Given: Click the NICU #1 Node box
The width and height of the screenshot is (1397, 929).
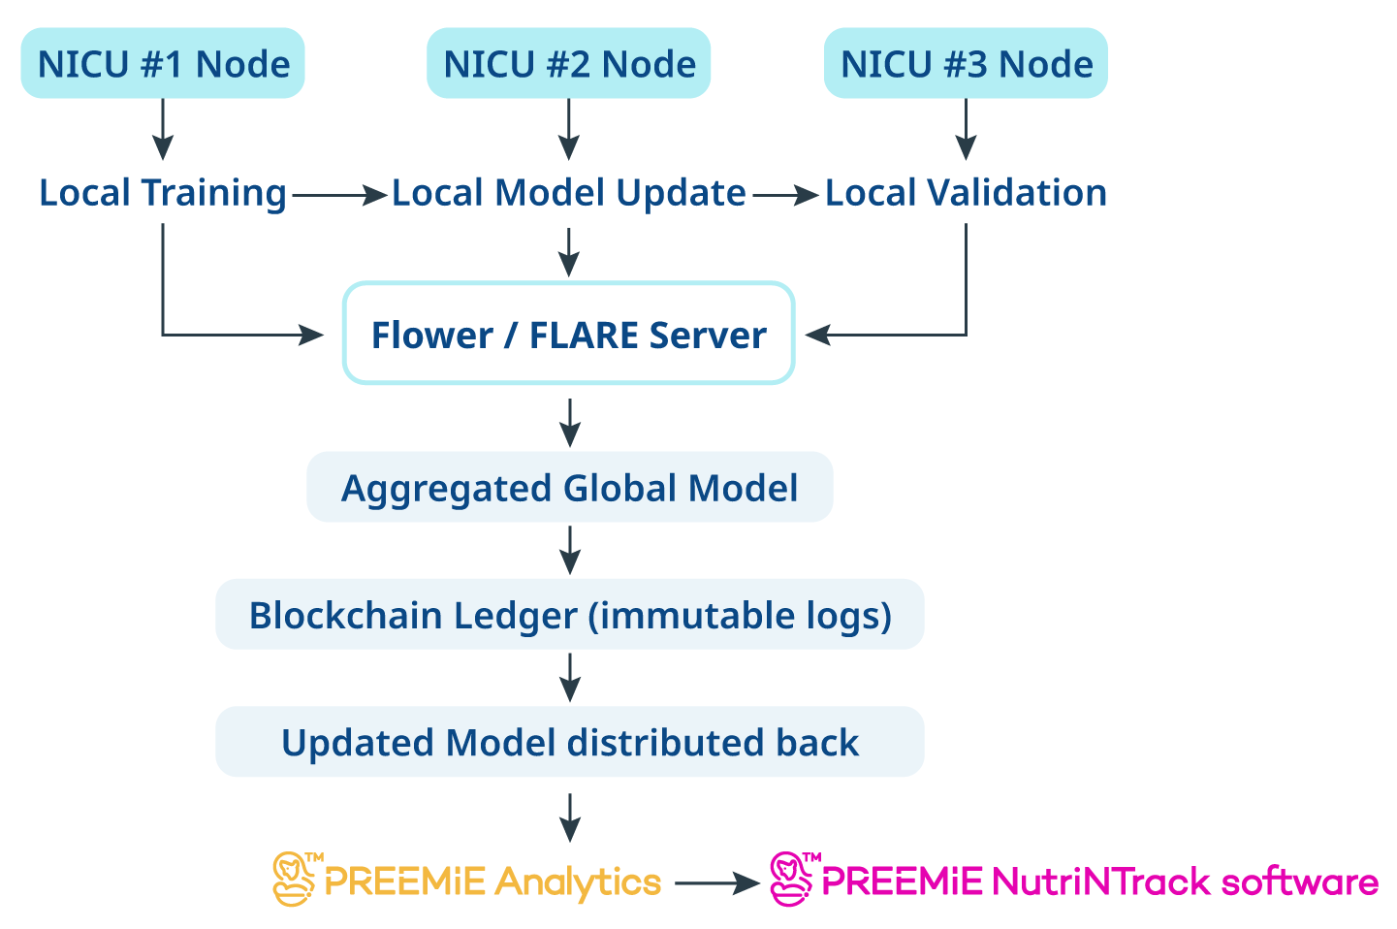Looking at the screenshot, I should pyautogui.click(x=163, y=64).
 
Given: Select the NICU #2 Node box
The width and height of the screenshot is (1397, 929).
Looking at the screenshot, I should pyautogui.click(x=569, y=64).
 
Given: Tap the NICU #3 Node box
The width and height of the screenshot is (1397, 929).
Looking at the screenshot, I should pyautogui.click(x=966, y=64).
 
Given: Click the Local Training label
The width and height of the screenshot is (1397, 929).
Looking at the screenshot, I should pyautogui.click(x=163, y=193).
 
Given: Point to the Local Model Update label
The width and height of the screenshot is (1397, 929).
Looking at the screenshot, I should pyautogui.click(x=569, y=193).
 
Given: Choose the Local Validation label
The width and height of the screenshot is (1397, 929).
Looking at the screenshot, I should pyautogui.click(x=966, y=193).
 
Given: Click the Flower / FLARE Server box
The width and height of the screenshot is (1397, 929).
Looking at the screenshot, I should pyautogui.click(x=569, y=335).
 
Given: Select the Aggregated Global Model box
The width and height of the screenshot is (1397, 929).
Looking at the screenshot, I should pyautogui.click(x=569, y=488).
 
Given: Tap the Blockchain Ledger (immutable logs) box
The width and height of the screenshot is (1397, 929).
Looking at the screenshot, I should pyautogui.click(x=569, y=615).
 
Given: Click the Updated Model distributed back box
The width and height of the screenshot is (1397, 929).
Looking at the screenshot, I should pyautogui.click(x=569, y=742).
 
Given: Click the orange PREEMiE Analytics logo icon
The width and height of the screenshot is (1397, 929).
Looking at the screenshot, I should pyautogui.click(x=295, y=880).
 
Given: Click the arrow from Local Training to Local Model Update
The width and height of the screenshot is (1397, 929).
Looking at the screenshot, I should pyautogui.click(x=339, y=196).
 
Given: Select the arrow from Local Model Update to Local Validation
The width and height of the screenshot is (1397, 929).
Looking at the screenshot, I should pyautogui.click(x=785, y=196).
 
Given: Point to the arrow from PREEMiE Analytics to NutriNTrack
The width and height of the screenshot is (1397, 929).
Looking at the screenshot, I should pyautogui.click(x=716, y=883).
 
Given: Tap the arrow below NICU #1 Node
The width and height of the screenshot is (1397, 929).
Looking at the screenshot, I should pyautogui.click(x=163, y=129).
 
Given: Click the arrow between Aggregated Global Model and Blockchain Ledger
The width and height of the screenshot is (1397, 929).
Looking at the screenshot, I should pyautogui.click(x=570, y=550).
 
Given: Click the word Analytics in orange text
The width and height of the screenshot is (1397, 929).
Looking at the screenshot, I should pyautogui.click(x=578, y=882).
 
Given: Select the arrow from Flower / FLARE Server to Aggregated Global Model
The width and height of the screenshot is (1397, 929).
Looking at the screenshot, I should pyautogui.click(x=570, y=422).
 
